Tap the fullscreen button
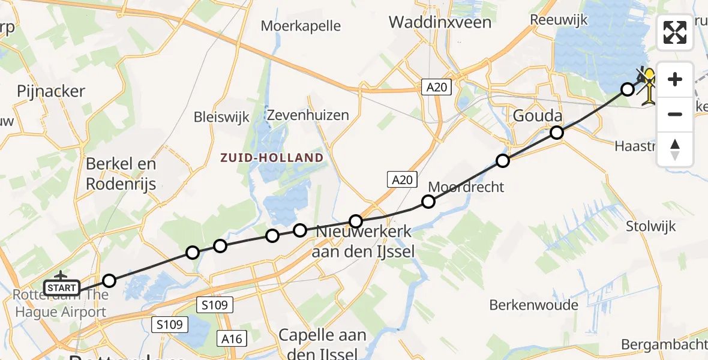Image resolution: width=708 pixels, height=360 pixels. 675,32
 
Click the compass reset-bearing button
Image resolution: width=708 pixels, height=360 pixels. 675,149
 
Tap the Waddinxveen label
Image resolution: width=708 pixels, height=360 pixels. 440,22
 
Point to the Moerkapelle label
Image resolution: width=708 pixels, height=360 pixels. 301,26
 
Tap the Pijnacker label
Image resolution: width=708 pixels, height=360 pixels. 51,91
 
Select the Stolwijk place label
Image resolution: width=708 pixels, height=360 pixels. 650,226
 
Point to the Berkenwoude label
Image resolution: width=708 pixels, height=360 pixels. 533,305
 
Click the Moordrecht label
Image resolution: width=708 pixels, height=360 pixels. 466,187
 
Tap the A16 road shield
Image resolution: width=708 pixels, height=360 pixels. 231,339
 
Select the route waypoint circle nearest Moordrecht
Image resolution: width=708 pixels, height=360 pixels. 428,202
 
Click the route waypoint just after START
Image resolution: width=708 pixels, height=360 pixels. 109,280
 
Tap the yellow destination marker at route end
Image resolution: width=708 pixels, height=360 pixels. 649,85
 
